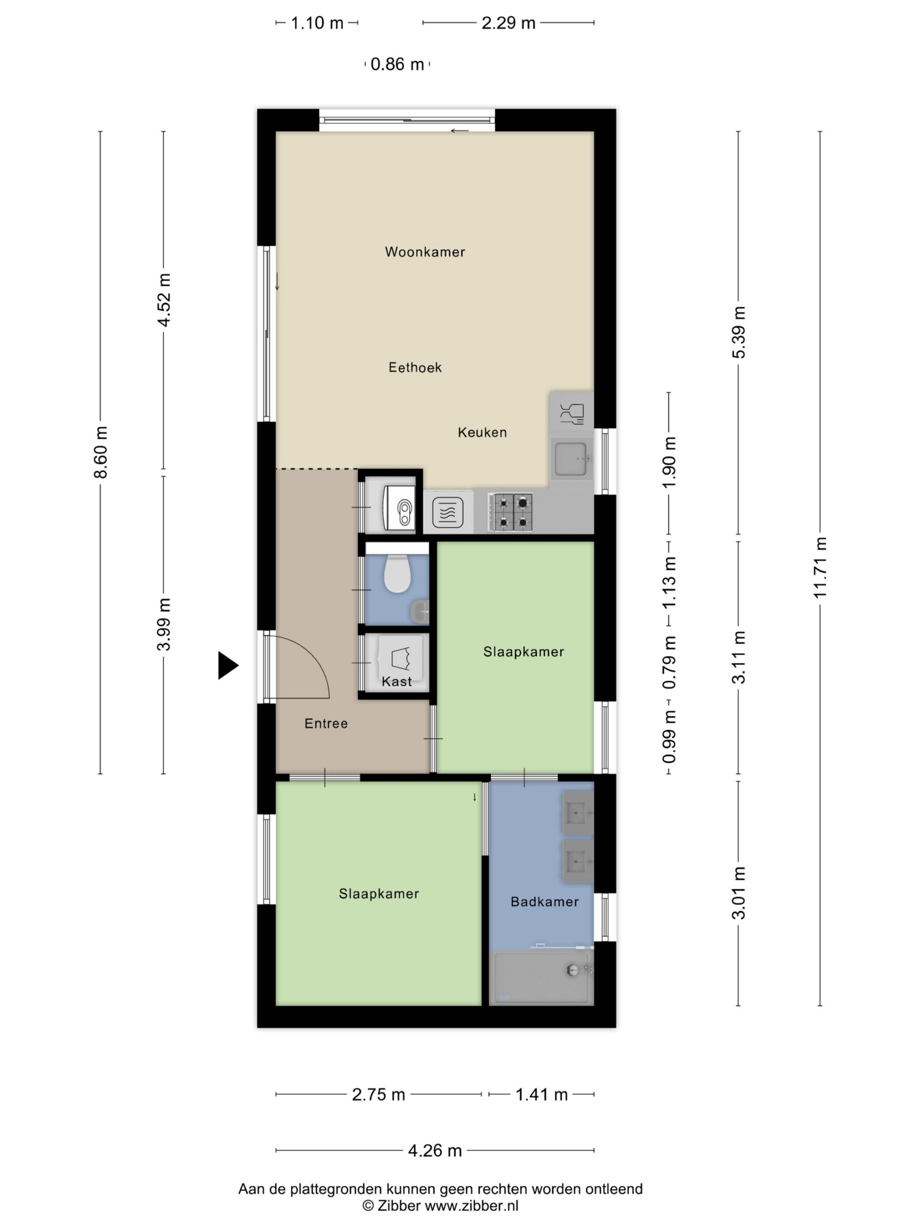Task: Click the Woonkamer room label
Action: [x=425, y=252]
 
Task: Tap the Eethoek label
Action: [x=415, y=367]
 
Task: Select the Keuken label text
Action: [x=482, y=432]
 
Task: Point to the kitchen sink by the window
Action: [x=572, y=459]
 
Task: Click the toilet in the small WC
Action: [x=397, y=574]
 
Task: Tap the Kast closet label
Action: [x=396, y=681]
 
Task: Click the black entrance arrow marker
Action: [x=228, y=665]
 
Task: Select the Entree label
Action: [x=326, y=723]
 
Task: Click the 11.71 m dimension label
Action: [x=820, y=567]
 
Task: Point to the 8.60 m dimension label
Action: [x=100, y=451]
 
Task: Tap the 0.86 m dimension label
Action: [x=397, y=64]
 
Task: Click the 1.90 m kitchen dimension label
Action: [x=669, y=462]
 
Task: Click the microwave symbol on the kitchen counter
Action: [x=448, y=512]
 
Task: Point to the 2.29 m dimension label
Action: [x=508, y=23]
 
